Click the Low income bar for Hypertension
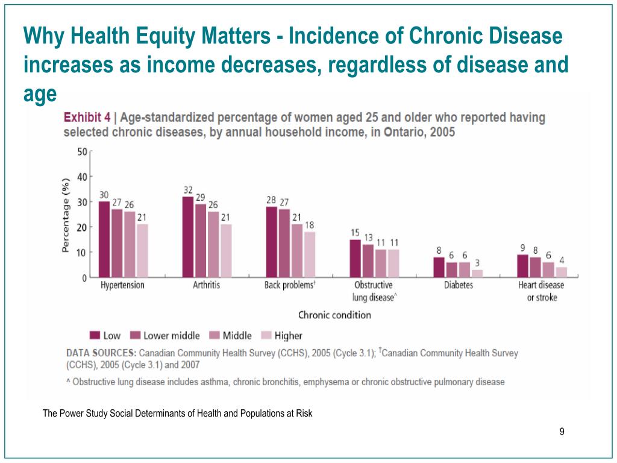[x=104, y=239]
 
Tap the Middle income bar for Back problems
[x=297, y=251]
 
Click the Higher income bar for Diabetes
[x=477, y=274]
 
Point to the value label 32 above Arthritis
[x=188, y=190]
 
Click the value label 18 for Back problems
[x=310, y=224]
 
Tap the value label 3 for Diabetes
[x=477, y=262]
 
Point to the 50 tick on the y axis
[x=81, y=151]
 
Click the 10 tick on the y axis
[x=81, y=253]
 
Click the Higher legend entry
[x=281, y=335]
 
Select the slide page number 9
[x=562, y=431]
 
